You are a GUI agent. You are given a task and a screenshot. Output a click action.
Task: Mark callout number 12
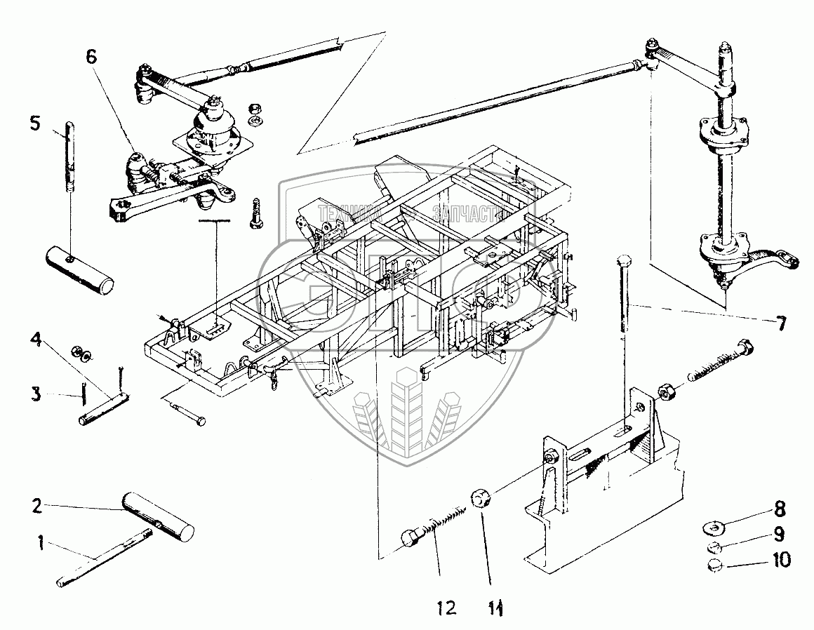[445, 607]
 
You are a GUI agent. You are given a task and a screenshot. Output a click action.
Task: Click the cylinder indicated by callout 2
[158, 516]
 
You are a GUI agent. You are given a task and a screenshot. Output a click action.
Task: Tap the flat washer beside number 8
[713, 525]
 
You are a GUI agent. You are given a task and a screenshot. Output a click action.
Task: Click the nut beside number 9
[713, 546]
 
